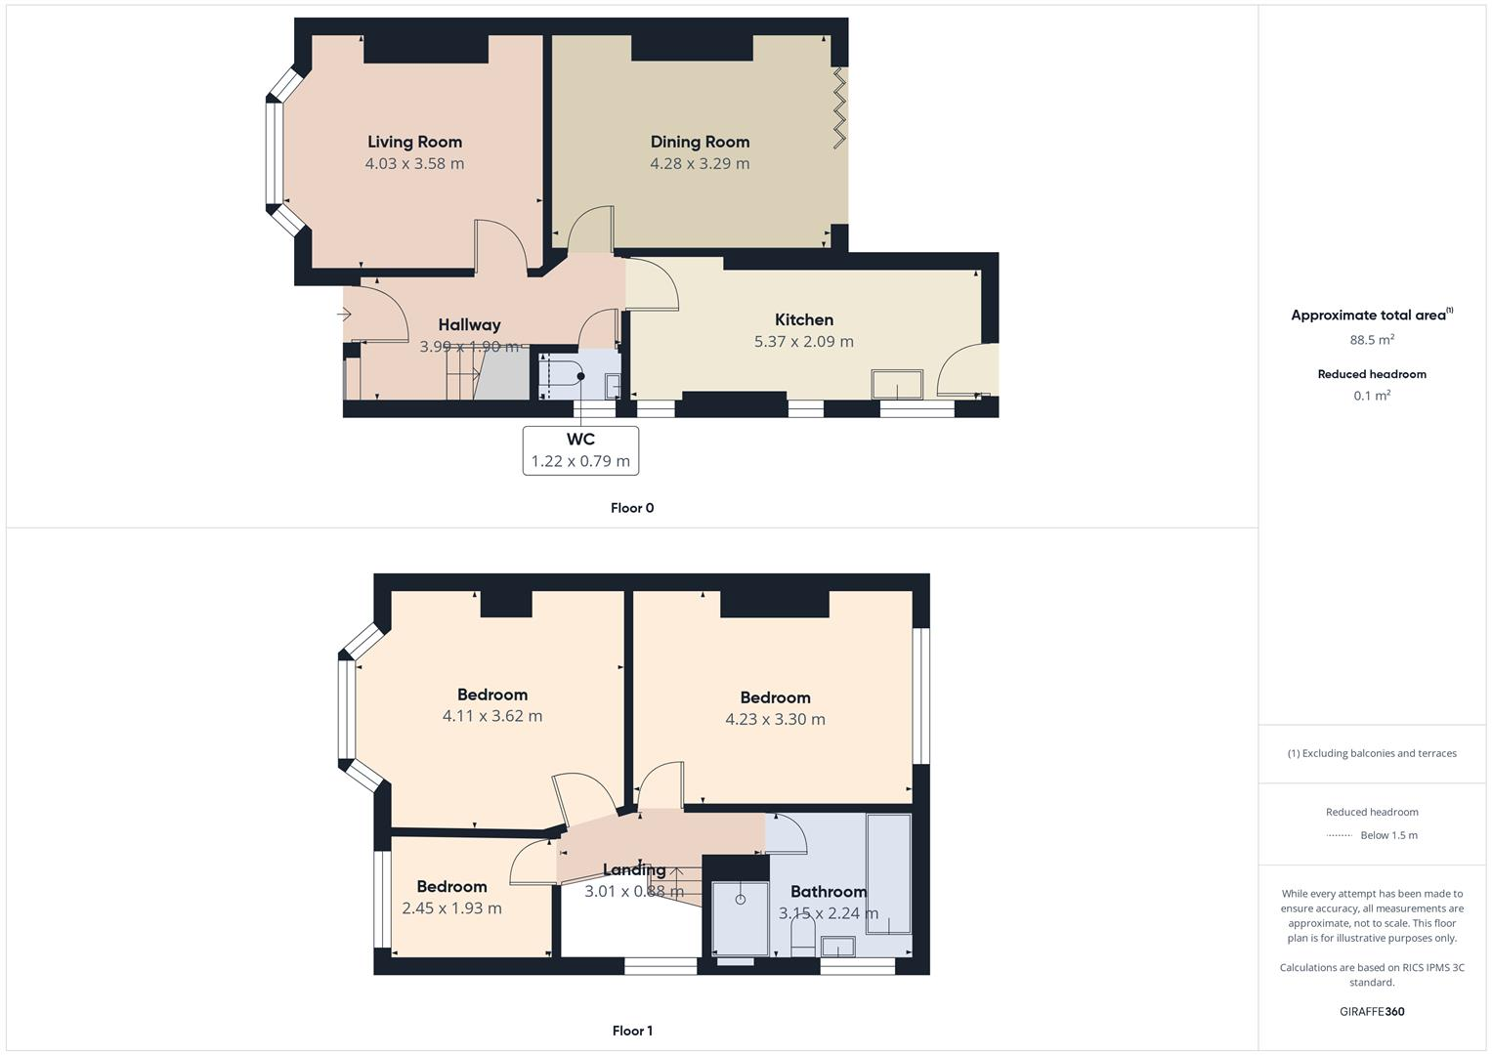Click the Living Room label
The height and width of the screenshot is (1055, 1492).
click(x=414, y=143)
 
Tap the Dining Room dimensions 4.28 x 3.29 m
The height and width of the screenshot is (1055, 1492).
click(x=700, y=164)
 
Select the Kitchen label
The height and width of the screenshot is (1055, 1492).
click(x=803, y=320)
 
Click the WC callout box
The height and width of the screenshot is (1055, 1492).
click(x=580, y=450)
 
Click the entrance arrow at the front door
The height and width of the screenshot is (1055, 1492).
click(x=344, y=315)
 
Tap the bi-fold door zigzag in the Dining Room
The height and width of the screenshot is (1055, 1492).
click(x=838, y=107)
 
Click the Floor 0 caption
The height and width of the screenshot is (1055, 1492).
click(x=632, y=508)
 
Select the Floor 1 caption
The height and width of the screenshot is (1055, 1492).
click(x=632, y=1031)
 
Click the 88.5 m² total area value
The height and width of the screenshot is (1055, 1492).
click(x=1372, y=340)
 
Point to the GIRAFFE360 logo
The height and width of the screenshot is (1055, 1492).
click(x=1372, y=1012)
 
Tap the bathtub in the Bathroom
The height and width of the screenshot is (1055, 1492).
click(x=888, y=873)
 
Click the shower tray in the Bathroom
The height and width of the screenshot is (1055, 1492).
click(x=740, y=918)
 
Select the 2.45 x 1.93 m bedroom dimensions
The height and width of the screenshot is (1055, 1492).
click(x=451, y=908)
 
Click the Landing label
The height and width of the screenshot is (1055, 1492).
click(x=634, y=870)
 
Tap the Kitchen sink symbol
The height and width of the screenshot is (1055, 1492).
click(x=897, y=384)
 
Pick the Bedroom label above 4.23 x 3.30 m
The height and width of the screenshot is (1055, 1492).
click(x=775, y=697)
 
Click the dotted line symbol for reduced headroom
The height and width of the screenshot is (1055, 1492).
click(x=1339, y=835)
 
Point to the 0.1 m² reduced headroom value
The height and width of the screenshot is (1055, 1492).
click(x=1372, y=397)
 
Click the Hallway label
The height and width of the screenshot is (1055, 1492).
click(x=469, y=325)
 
